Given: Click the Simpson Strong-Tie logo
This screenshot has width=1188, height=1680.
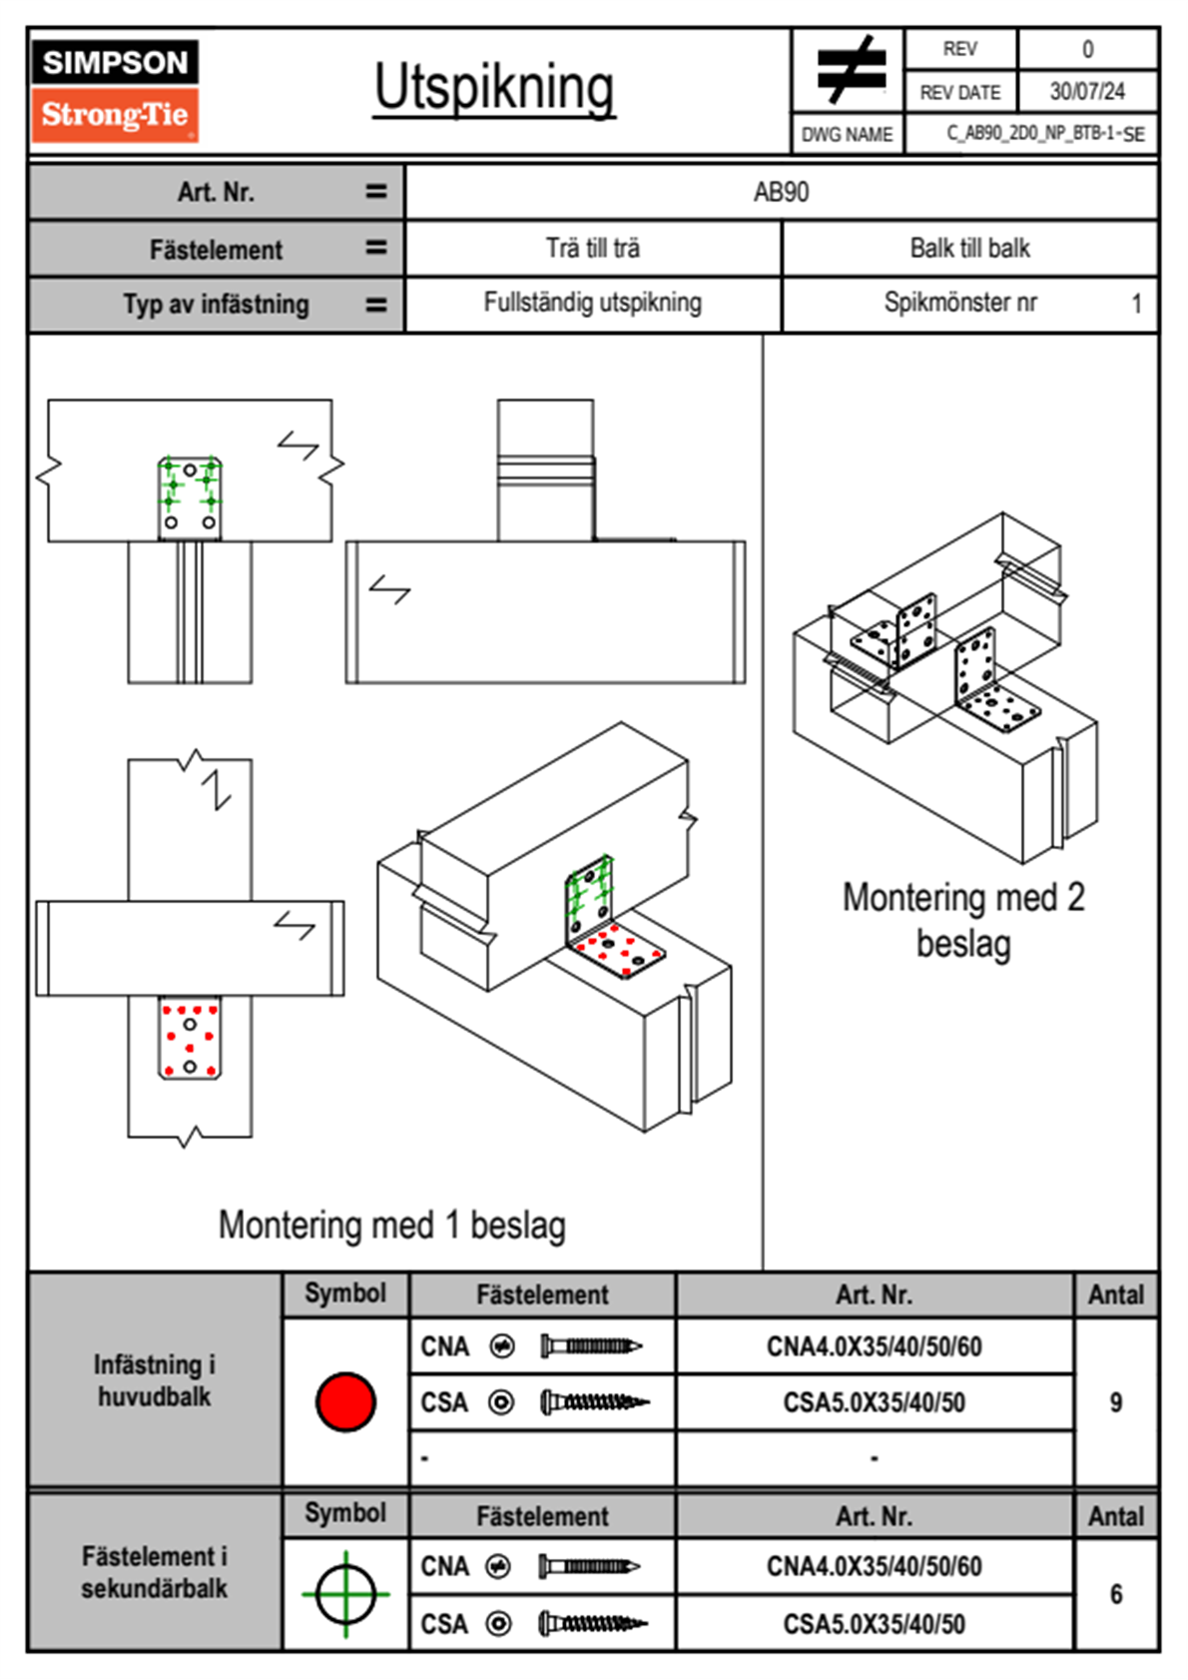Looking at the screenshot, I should (x=115, y=90).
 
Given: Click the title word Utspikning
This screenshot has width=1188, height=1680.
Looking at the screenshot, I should (x=494, y=88).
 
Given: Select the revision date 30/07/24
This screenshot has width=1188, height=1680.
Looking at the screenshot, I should (x=1087, y=92).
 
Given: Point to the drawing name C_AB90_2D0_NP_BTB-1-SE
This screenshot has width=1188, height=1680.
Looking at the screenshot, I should (x=1045, y=134).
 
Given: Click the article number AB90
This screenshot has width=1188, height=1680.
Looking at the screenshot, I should (x=781, y=192).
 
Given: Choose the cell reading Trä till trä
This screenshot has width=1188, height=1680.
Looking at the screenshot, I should (x=593, y=249).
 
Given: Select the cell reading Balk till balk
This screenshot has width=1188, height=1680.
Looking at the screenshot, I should (x=969, y=249).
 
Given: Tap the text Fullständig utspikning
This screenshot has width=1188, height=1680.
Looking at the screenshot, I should (x=593, y=303).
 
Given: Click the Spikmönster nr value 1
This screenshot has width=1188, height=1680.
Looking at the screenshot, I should (x=1136, y=304).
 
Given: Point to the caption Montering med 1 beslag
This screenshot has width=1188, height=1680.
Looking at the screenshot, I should (x=392, y=1226).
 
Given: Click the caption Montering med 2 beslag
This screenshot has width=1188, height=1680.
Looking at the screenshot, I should (x=963, y=920).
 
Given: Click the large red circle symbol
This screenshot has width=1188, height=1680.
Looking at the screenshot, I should (x=345, y=1401).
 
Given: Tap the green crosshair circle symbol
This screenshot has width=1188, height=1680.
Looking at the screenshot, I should (x=345, y=1594).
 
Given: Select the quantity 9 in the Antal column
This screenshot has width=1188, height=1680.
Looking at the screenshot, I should (x=1116, y=1402).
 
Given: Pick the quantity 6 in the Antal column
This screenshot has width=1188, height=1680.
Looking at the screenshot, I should (x=1116, y=1594).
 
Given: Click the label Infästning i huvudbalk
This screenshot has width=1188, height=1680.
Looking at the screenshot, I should (x=155, y=1380).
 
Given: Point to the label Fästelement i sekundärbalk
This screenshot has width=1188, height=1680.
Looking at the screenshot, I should (x=155, y=1572).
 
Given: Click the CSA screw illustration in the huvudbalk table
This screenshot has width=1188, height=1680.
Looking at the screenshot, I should (x=594, y=1403).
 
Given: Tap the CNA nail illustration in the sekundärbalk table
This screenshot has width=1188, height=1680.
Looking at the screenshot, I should (x=589, y=1566).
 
